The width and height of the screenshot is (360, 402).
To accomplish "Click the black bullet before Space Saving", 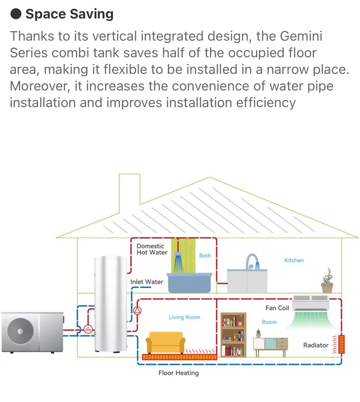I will tap(16, 14).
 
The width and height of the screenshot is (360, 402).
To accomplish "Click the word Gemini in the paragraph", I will tap(301, 36).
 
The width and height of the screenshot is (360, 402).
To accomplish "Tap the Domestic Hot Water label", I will tap(152, 249).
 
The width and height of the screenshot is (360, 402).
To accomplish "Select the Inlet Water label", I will tap(146, 282).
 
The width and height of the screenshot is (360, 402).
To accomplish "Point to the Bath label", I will tap(205, 255).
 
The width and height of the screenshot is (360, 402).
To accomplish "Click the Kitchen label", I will tap(294, 260).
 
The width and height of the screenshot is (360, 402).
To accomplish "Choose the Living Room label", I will tap(184, 317).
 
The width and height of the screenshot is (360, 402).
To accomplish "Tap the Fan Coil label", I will tap(277, 308).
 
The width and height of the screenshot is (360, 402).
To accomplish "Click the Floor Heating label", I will tap(178, 373).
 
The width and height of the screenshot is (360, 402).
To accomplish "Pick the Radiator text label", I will tap(316, 345).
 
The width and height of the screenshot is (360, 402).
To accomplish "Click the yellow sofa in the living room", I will tap(166, 342).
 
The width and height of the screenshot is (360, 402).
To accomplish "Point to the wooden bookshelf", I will tap(234, 335).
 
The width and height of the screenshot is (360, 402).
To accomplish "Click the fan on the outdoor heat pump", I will tap(20, 331).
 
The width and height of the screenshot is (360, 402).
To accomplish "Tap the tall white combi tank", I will tap(111, 303).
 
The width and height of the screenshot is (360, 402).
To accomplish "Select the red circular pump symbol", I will tap(137, 311).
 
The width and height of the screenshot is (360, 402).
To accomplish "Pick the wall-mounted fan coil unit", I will tap(310, 303).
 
